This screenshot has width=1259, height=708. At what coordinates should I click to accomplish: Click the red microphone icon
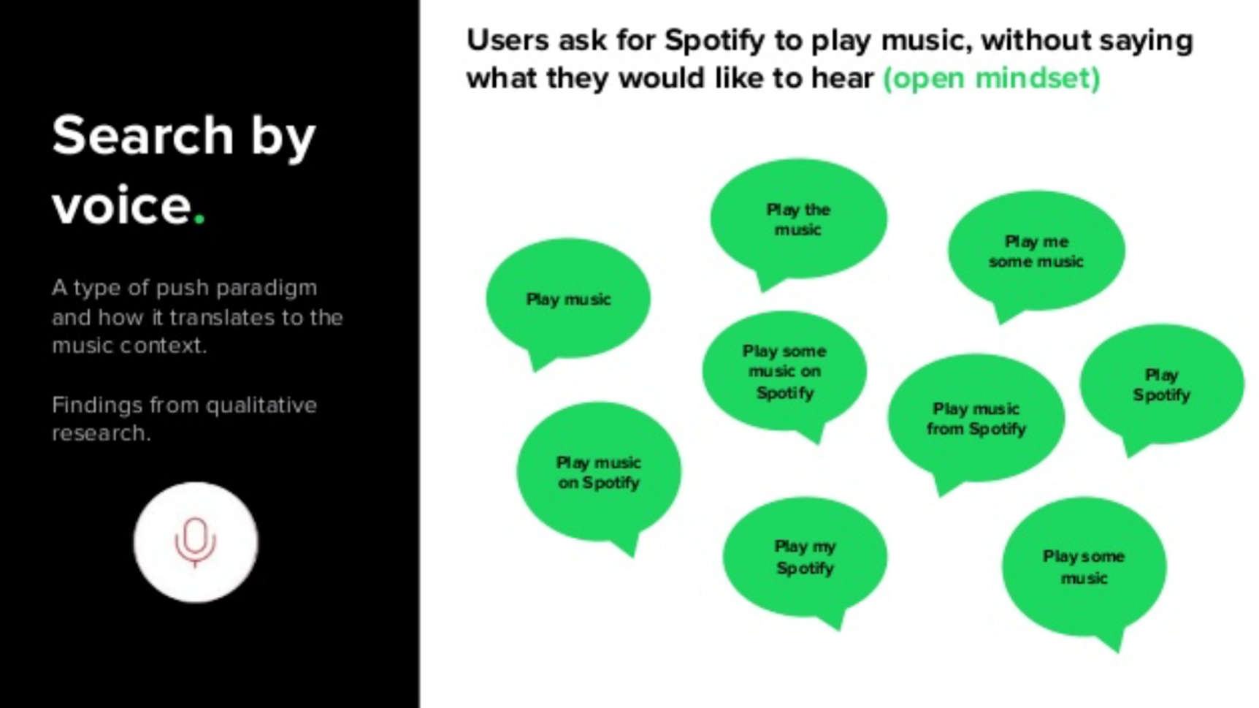(x=195, y=542)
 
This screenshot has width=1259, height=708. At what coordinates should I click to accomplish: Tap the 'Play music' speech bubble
(x=568, y=299)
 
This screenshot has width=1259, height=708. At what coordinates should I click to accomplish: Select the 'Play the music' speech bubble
(x=798, y=219)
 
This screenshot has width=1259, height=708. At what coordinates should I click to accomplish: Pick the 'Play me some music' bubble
(x=1036, y=251)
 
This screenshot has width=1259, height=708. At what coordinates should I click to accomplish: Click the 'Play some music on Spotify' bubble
(x=784, y=372)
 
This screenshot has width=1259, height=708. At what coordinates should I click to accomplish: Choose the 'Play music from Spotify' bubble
(x=976, y=419)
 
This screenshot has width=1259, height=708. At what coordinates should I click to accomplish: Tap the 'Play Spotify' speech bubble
(x=1161, y=385)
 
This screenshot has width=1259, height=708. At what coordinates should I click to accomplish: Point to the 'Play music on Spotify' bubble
(x=599, y=472)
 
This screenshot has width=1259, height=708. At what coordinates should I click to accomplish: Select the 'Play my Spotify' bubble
(x=805, y=557)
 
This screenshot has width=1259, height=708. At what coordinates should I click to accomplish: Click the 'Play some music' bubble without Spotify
(x=1084, y=567)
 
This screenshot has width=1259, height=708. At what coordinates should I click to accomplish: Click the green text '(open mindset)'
(x=991, y=78)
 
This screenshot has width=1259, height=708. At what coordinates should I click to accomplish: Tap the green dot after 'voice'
(x=200, y=219)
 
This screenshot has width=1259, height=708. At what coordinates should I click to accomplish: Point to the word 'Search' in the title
(x=142, y=136)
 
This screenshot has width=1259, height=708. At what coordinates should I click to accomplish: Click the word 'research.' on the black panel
(x=101, y=433)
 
